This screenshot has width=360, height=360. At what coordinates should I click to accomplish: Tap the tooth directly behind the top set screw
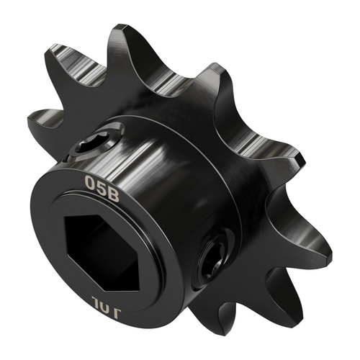(72, 79)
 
